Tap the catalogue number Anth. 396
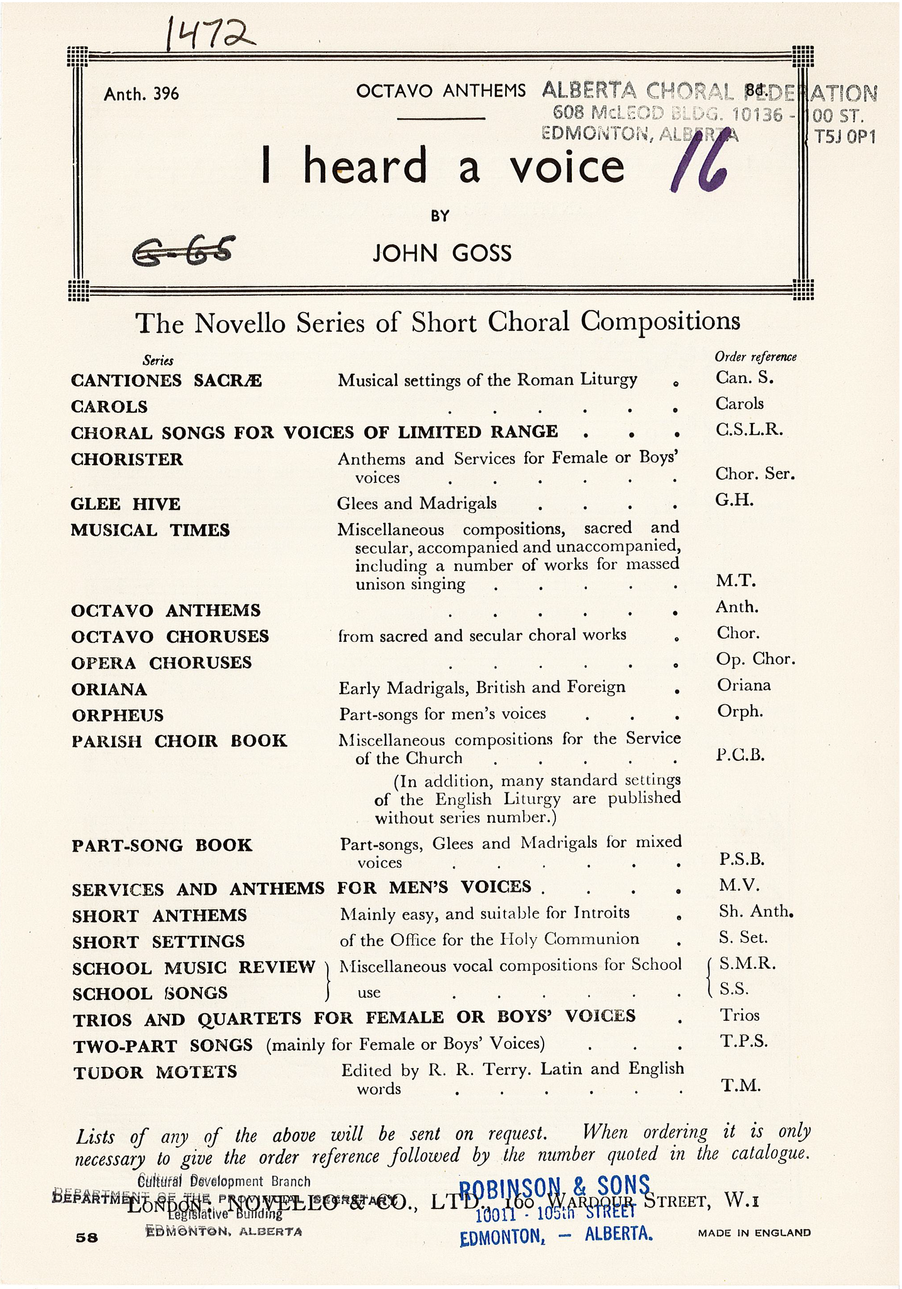click(x=142, y=94)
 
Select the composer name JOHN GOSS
click(x=442, y=253)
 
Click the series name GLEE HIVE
click(x=125, y=504)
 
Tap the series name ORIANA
click(x=109, y=689)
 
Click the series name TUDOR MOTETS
click(x=155, y=1072)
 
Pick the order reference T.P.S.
click(x=743, y=1041)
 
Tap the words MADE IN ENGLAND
click(x=754, y=1233)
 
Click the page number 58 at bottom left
click(x=87, y=1237)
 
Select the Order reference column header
click(x=755, y=357)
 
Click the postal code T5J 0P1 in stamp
click(x=845, y=137)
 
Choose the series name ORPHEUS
click(x=118, y=715)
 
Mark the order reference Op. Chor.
click(x=756, y=659)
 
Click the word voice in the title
click(x=567, y=166)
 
